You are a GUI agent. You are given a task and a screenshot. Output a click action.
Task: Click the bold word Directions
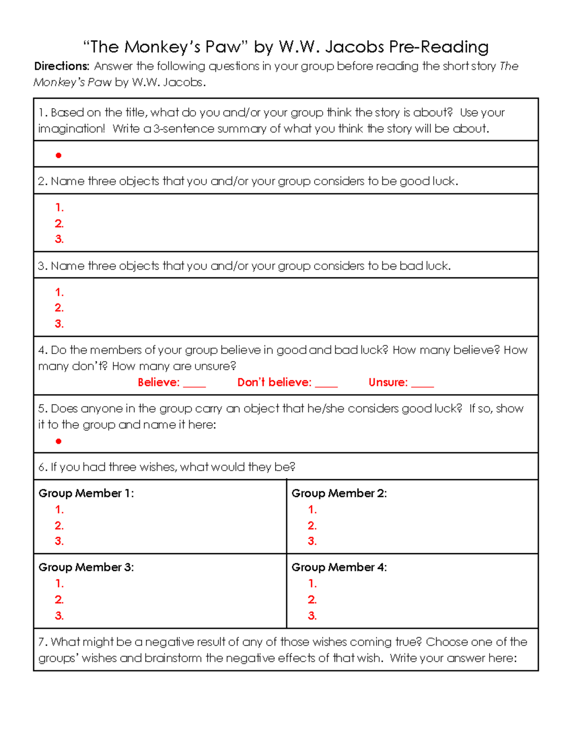click(x=61, y=66)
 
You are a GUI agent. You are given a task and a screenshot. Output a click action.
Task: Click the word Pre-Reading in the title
click(x=439, y=47)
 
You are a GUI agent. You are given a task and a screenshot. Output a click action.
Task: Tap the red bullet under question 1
click(x=59, y=155)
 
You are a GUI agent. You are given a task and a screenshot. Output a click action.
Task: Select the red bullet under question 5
click(x=59, y=441)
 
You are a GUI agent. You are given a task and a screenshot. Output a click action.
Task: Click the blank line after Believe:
click(x=194, y=385)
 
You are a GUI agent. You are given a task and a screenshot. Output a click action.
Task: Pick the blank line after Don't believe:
click(x=326, y=385)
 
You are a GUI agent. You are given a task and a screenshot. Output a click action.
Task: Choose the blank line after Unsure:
click(x=422, y=385)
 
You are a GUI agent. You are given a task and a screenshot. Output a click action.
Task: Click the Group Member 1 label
click(x=86, y=493)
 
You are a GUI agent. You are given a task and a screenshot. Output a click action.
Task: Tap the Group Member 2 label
click(x=339, y=493)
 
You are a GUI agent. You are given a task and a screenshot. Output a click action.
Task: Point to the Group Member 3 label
click(x=86, y=567)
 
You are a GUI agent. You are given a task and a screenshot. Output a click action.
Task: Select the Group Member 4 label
click(x=339, y=567)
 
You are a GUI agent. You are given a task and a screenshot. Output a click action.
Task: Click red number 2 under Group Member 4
click(x=312, y=599)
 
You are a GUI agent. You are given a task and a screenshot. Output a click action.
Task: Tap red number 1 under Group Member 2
click(x=312, y=509)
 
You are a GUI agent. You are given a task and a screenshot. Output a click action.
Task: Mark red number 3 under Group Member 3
click(x=59, y=616)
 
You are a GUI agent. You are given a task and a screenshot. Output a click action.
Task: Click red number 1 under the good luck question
click(x=59, y=207)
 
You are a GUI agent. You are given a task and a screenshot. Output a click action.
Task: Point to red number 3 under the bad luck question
click(x=59, y=324)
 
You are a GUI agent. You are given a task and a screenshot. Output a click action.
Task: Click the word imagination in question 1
click(x=71, y=129)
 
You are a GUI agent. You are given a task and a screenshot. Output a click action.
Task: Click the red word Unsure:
click(x=388, y=382)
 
